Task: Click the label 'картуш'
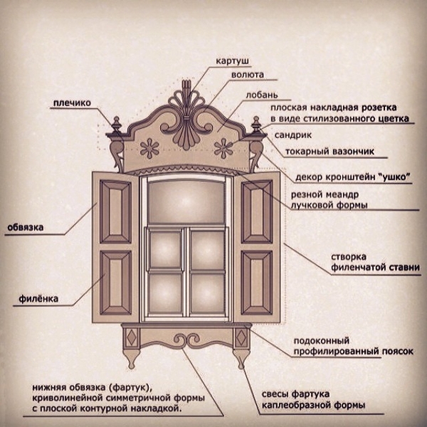coord(232,61)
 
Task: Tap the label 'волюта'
coord(248,75)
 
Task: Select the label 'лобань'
coord(262,95)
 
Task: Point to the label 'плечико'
coord(72,103)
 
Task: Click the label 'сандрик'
coord(293,135)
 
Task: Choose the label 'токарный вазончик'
coord(330,152)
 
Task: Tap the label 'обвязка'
coord(25,228)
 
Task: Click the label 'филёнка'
coord(38,299)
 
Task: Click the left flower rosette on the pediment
coord(149,149)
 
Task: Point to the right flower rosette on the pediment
coord(223,149)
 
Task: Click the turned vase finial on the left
coord(117,125)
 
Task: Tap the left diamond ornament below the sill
coord(132,337)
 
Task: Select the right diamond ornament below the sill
coord(241,337)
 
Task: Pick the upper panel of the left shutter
coord(116,211)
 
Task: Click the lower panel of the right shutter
coord(257,283)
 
